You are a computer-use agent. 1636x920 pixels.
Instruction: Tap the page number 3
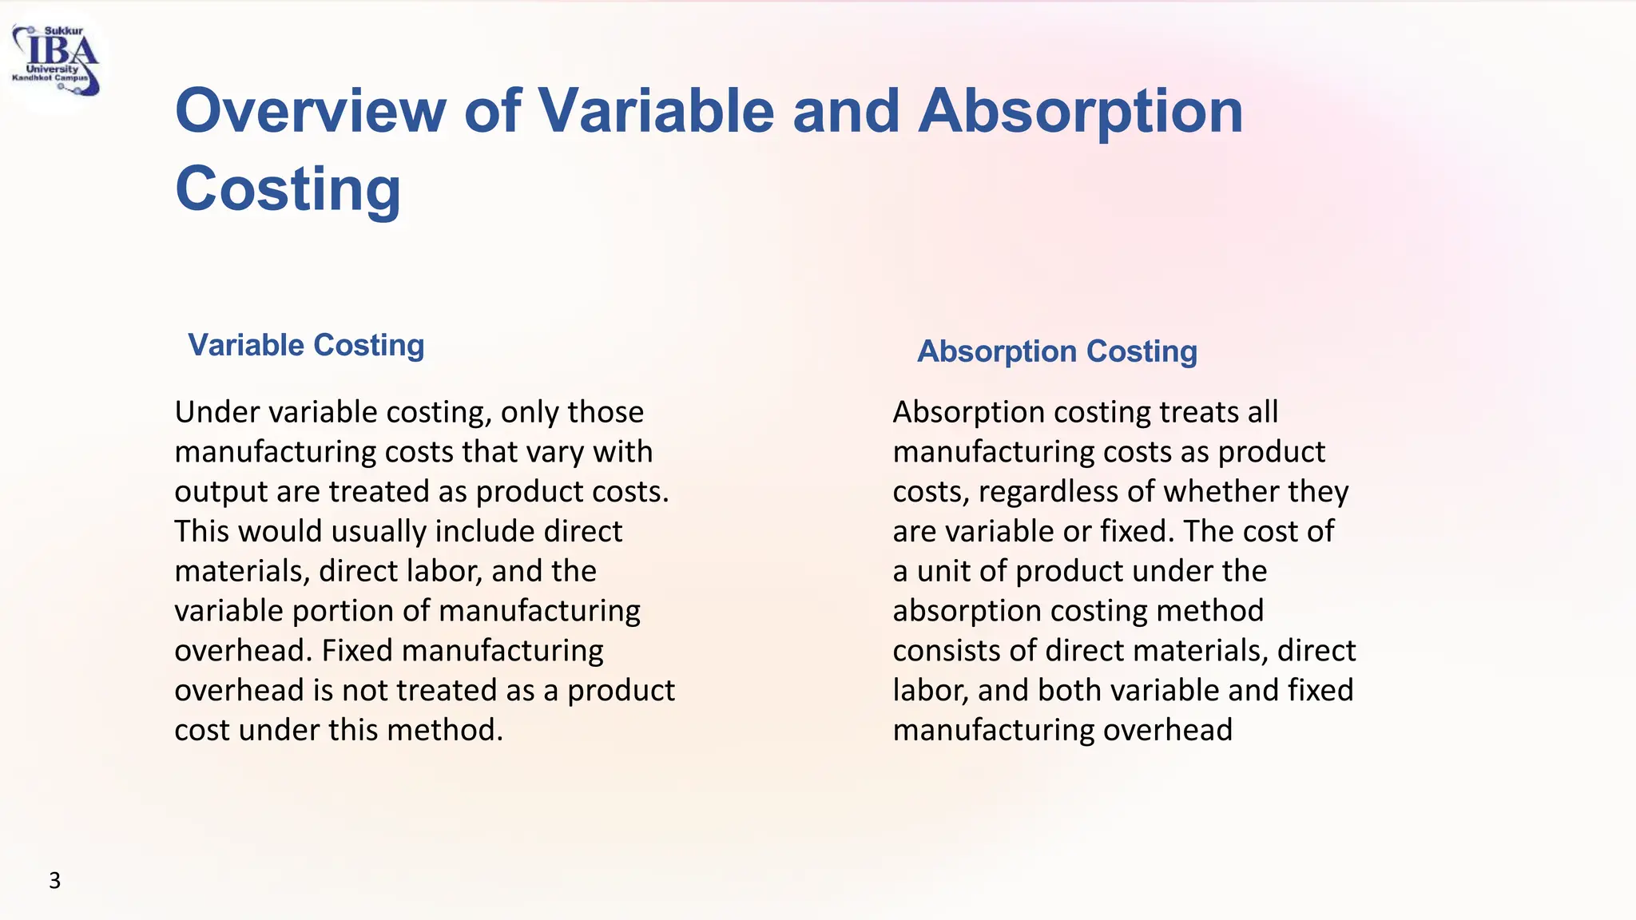[x=54, y=880]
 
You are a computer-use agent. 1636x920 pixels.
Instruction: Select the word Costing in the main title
[x=288, y=188]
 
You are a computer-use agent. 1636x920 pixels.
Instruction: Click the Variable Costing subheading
[x=306, y=345]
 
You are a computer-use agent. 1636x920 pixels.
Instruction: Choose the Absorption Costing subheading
[x=1057, y=351]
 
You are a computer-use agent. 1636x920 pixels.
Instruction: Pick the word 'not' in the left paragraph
[x=364, y=690]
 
